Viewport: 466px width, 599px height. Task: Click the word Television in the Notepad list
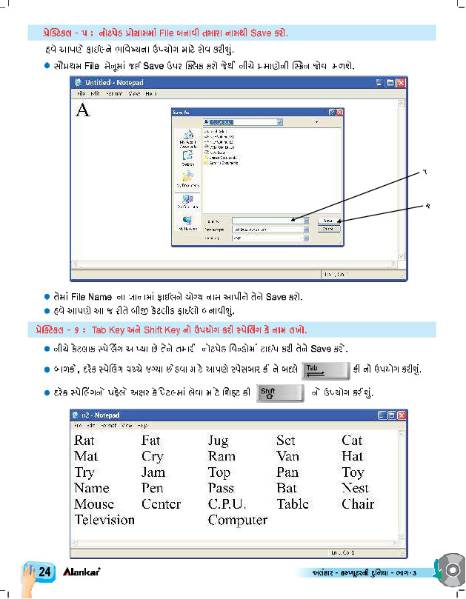[x=104, y=520]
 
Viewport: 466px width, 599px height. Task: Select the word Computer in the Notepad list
[x=237, y=520]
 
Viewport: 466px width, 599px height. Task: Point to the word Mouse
[x=94, y=504]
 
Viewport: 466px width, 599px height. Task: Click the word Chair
[x=358, y=504]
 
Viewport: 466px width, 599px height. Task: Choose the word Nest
[x=355, y=488]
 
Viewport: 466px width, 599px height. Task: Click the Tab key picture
[x=327, y=368]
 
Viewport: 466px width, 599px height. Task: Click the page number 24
[x=44, y=572]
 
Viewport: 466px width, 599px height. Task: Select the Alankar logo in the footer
[x=81, y=572]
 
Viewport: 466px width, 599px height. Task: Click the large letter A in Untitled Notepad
[x=83, y=110]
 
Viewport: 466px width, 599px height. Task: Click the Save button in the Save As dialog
[x=329, y=221]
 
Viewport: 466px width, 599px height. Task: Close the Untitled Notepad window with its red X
[x=401, y=84]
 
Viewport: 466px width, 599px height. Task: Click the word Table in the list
[x=293, y=504]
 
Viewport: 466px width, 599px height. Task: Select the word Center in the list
[x=161, y=504]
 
